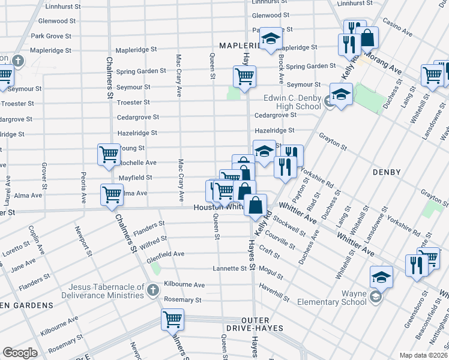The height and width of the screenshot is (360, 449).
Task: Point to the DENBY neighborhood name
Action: [x=386, y=172]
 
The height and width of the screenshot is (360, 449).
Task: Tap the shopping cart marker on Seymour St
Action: [x=245, y=77]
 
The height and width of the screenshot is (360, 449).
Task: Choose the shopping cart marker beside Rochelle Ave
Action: [x=109, y=154]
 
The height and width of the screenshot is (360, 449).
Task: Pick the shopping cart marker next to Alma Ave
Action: [x=112, y=194]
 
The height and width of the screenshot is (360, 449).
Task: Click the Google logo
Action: [x=20, y=353]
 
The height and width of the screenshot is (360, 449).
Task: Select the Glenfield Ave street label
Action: [x=166, y=254]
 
